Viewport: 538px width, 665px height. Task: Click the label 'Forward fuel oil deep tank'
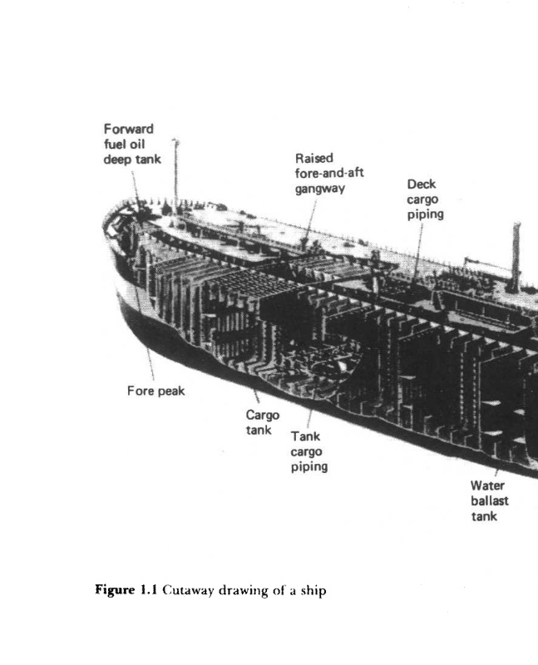click(x=131, y=144)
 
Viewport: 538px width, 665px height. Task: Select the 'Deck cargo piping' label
click(x=425, y=199)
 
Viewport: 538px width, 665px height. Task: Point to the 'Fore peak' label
click(x=155, y=392)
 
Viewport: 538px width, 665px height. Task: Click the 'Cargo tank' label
click(x=262, y=422)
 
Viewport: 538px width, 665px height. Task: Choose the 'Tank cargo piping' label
click(x=308, y=451)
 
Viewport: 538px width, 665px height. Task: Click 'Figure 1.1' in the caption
click(x=128, y=591)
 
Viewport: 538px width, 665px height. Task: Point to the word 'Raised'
click(x=314, y=158)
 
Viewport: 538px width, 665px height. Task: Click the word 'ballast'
click(x=489, y=501)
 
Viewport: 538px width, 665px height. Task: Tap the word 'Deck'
click(x=422, y=184)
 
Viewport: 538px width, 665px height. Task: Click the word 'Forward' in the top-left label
click(x=128, y=129)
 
